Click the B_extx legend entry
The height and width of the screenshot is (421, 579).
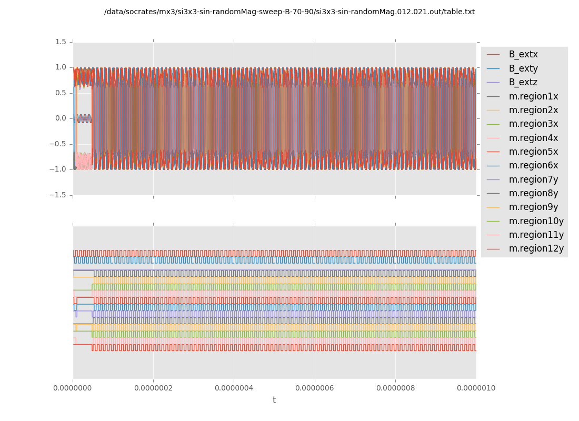tap(523, 54)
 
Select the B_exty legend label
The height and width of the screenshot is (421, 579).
tap(523, 68)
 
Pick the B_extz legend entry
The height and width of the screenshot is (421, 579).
tap(523, 82)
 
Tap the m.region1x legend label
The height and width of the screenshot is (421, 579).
tap(533, 96)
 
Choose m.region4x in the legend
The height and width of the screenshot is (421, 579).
tap(533, 138)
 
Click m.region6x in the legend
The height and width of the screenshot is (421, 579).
tap(533, 165)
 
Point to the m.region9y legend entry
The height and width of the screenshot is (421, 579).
tap(533, 207)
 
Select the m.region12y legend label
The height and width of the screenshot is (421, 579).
tap(536, 248)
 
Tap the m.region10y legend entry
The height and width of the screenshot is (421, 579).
tap(536, 221)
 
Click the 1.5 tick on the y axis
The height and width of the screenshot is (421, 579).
tap(61, 42)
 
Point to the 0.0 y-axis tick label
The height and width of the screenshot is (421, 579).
tap(61, 118)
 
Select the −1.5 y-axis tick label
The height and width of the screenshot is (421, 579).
tap(58, 195)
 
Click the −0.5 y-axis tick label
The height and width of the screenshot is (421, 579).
tap(58, 144)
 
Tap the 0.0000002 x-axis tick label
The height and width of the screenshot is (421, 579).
tap(153, 388)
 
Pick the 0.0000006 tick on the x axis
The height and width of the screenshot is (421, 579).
tap(315, 388)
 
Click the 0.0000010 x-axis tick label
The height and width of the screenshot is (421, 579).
tap(476, 388)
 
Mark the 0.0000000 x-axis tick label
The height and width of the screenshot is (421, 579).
tap(73, 388)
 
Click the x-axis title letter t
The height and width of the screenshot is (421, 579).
tap(274, 400)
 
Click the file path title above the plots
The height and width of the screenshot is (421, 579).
tap(289, 12)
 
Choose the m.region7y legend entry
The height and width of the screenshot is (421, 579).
tap(533, 179)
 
